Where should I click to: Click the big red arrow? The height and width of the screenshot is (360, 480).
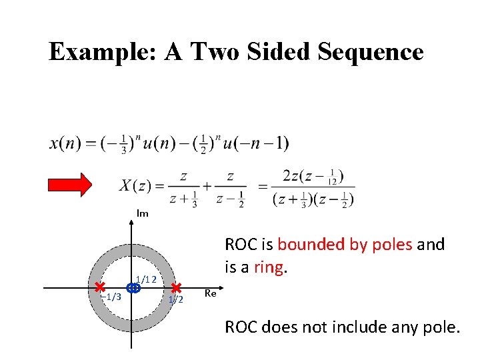point(73,185)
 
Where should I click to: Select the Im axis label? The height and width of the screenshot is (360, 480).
point(142,213)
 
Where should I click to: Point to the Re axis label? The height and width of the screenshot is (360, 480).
point(211,293)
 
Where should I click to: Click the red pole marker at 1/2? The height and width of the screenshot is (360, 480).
point(177,287)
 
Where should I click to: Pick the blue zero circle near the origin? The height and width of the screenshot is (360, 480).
point(133,288)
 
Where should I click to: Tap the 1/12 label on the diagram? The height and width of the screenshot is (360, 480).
point(146,279)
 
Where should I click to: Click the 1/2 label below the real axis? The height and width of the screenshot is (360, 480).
point(175,300)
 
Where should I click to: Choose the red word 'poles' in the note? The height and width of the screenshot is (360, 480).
point(393,245)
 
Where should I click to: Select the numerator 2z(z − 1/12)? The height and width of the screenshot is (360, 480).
point(313,176)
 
